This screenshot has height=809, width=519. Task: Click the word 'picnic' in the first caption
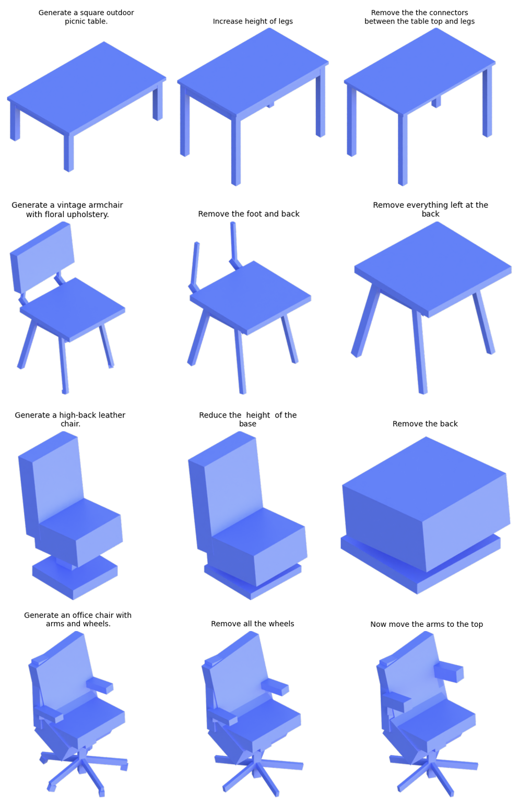click(76, 21)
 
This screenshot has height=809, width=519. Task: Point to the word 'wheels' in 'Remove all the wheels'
click(282, 624)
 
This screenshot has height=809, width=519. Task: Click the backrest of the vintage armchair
click(42, 256)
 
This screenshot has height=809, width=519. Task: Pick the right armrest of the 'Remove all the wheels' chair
click(275, 686)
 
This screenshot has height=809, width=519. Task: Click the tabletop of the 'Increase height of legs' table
click(253, 72)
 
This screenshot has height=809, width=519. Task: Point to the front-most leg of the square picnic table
click(69, 152)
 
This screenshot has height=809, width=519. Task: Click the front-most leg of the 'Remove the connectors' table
click(403, 150)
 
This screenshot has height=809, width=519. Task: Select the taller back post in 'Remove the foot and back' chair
click(234, 246)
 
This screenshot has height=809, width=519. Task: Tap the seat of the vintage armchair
click(73, 309)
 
